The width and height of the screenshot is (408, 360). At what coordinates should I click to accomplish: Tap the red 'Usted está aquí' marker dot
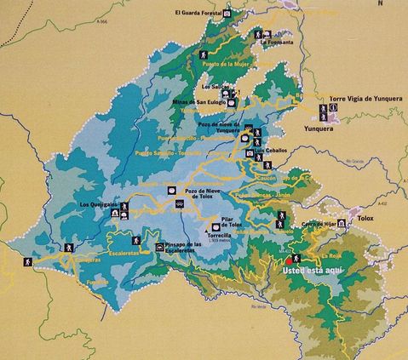pyautogui.click(x=296, y=258)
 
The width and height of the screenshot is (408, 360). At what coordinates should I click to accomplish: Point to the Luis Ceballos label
pyautogui.click(x=269, y=151)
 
